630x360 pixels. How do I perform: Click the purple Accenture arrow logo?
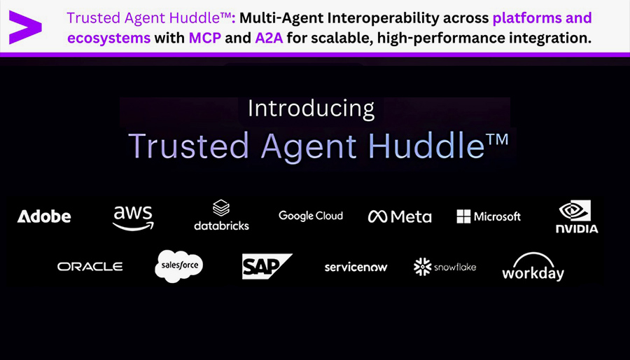(x=25, y=27)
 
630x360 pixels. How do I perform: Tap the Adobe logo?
(x=44, y=216)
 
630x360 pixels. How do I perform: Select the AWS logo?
(x=133, y=218)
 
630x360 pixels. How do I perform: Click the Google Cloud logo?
(x=311, y=216)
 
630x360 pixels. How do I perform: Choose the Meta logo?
(x=400, y=216)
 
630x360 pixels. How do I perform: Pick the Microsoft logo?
(x=489, y=216)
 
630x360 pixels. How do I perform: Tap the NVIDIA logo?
(x=577, y=216)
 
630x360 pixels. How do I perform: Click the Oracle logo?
(x=90, y=266)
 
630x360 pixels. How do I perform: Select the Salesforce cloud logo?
(x=179, y=266)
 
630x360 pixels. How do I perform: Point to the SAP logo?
(x=267, y=266)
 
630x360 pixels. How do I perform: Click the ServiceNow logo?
(x=356, y=267)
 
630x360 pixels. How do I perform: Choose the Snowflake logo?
(x=444, y=267)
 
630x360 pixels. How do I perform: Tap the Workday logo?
(x=533, y=266)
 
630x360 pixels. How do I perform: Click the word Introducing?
(x=311, y=109)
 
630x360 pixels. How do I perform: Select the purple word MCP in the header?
(x=205, y=39)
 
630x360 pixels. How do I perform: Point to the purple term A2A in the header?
(x=269, y=39)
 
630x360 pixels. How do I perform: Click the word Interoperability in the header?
(x=407, y=18)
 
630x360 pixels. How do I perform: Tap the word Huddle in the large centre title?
(x=426, y=146)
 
